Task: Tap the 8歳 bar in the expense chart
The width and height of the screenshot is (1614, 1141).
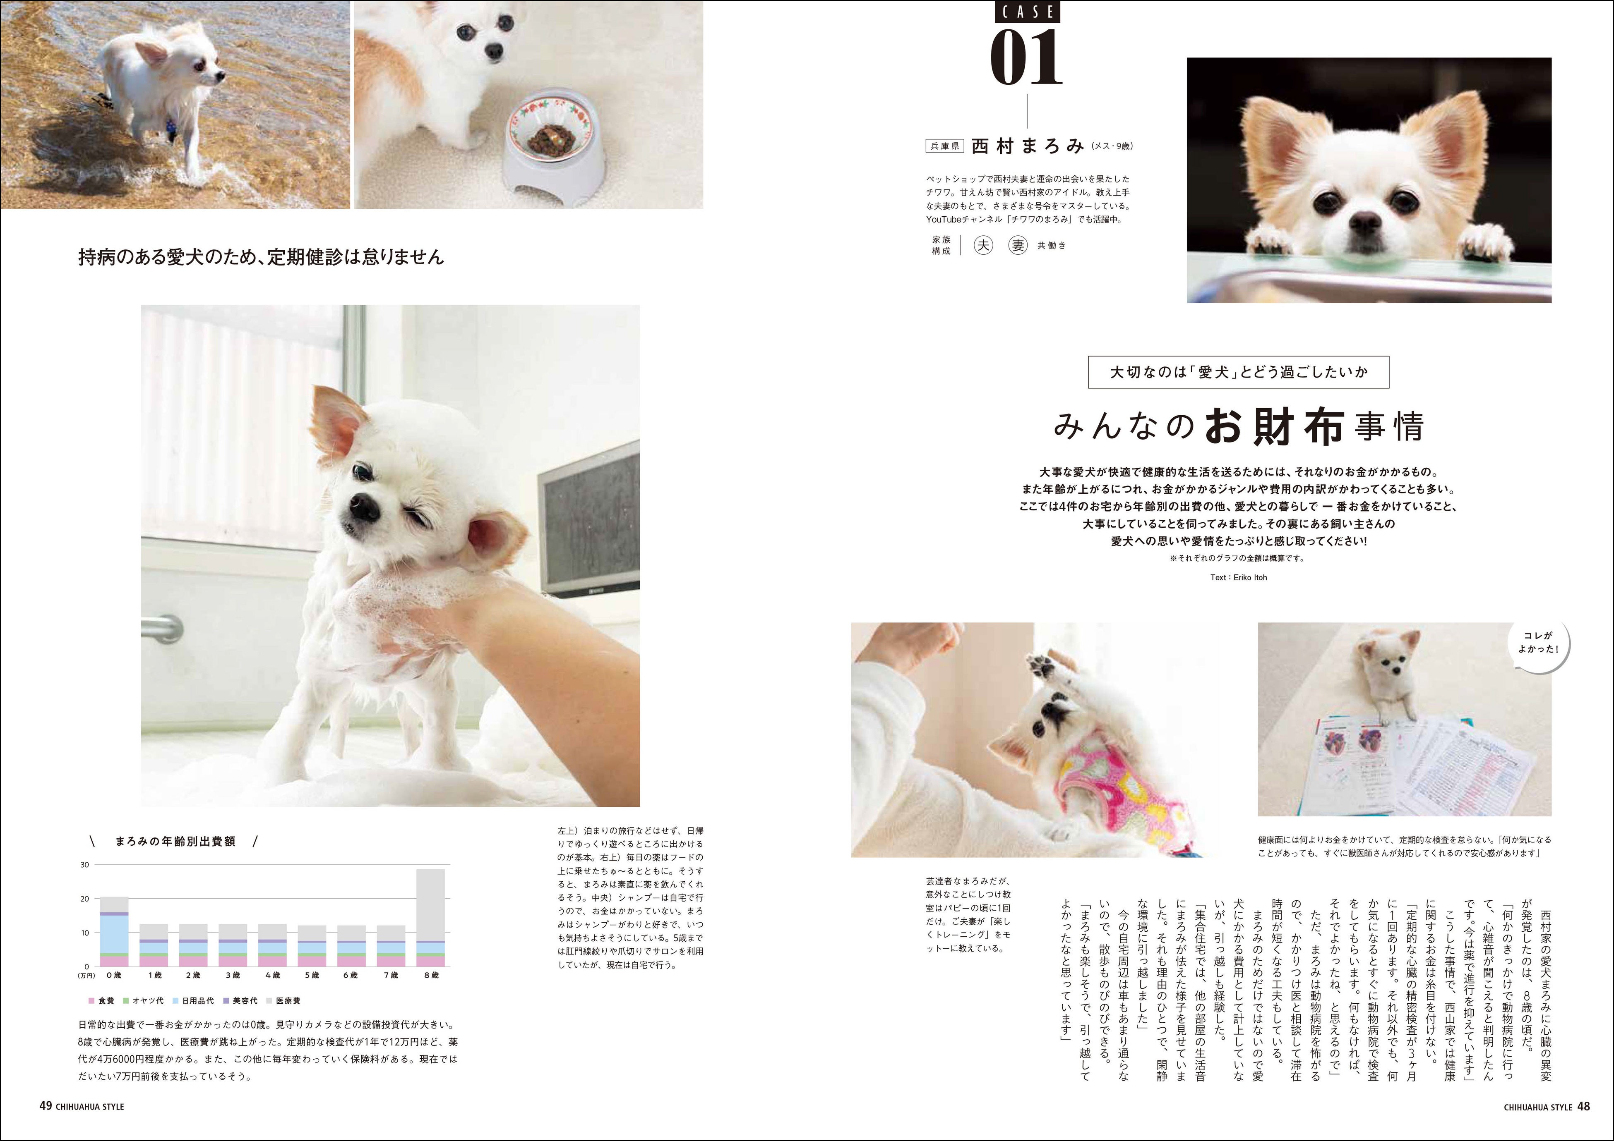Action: (431, 918)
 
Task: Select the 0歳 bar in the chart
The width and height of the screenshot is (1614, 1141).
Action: (114, 932)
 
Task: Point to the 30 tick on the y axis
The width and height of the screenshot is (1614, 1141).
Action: (85, 865)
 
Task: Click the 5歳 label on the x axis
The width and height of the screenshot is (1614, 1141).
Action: (312, 975)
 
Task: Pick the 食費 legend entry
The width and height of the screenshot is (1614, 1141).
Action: (101, 1000)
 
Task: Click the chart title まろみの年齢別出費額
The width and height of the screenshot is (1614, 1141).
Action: (175, 841)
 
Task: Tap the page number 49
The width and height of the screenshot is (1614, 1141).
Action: (46, 1106)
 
